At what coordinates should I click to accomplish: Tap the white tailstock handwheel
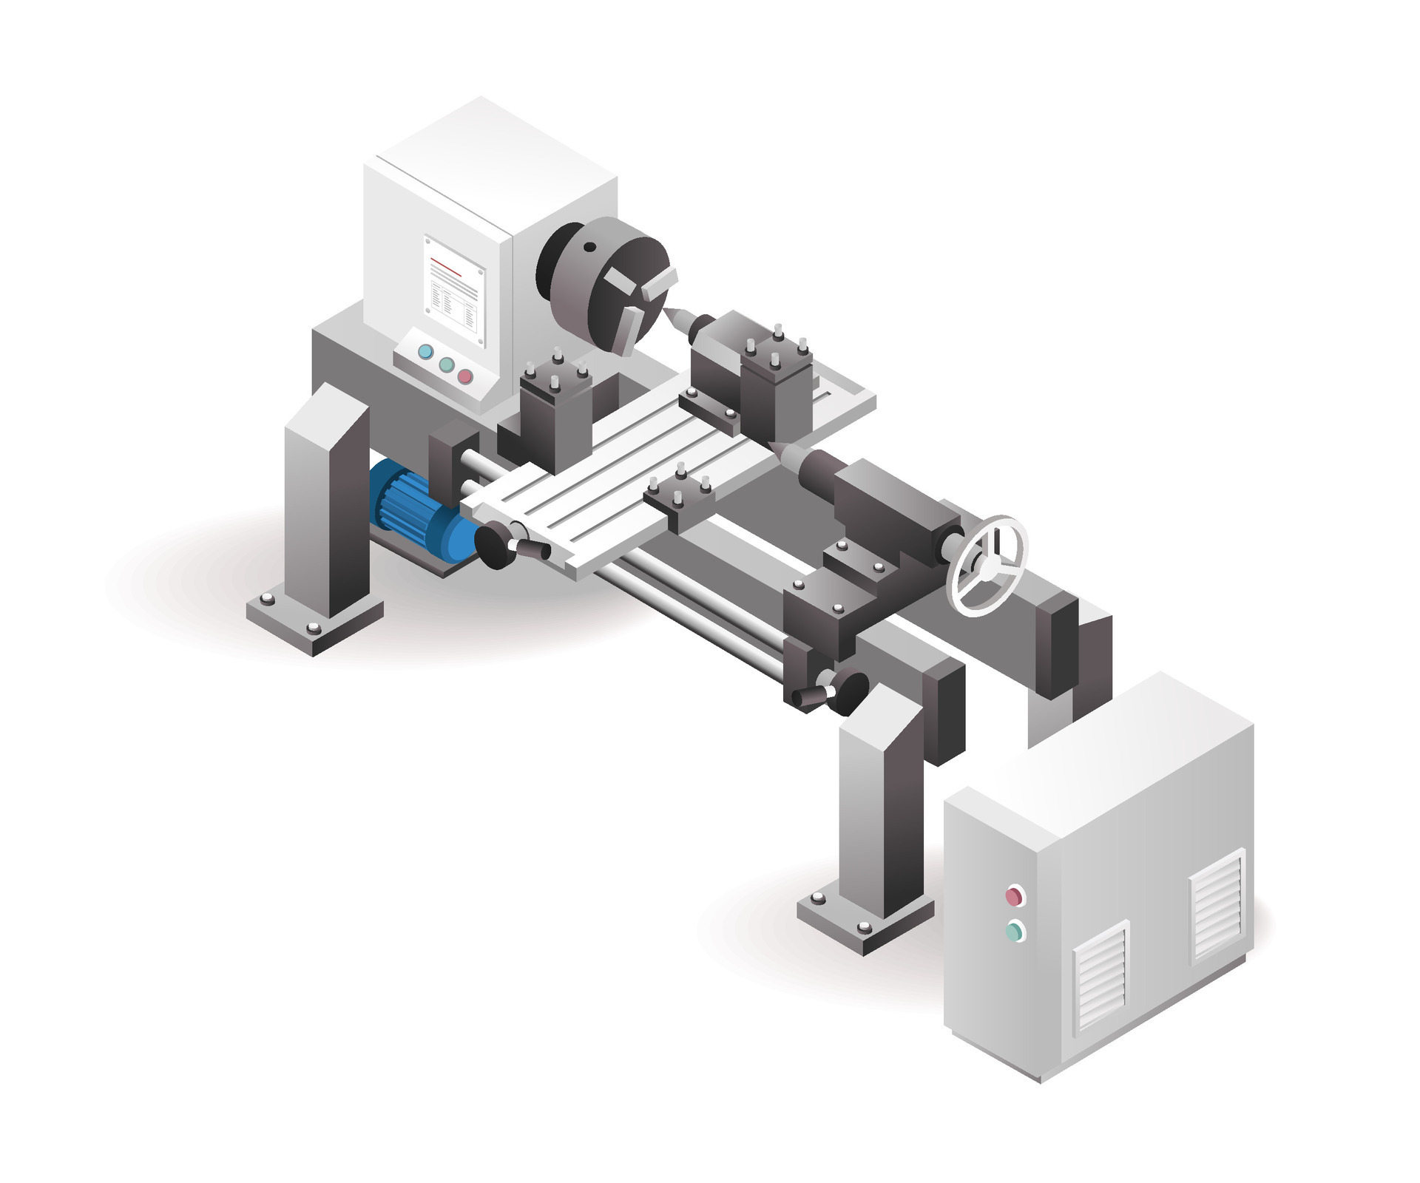click(988, 566)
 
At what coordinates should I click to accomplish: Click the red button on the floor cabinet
click(1014, 897)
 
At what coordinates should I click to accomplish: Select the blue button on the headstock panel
click(425, 352)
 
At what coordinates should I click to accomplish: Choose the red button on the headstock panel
click(465, 376)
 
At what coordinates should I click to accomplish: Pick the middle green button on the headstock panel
click(446, 365)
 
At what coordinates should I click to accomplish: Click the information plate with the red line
click(453, 292)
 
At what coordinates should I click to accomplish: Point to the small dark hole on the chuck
click(589, 248)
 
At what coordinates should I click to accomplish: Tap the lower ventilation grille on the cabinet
click(1101, 977)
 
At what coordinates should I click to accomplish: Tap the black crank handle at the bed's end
click(836, 692)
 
